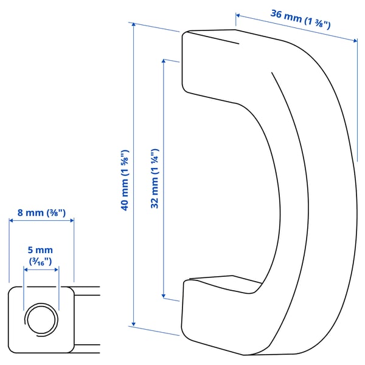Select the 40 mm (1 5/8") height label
click(124, 179)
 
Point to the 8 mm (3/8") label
click(41, 213)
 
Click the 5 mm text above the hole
click(41, 250)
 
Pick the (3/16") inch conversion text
click(41, 261)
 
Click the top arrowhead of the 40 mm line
click(133, 24)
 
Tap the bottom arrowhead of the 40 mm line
click(133, 325)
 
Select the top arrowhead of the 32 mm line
click(163, 60)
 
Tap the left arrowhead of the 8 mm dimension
click(11, 221)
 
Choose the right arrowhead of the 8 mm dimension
click(72, 221)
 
